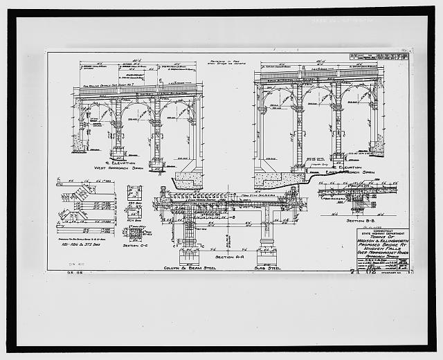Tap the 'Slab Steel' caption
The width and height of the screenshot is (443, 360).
267,267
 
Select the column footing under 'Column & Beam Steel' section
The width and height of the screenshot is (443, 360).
188,244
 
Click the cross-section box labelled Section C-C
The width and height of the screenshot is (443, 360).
134,193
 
